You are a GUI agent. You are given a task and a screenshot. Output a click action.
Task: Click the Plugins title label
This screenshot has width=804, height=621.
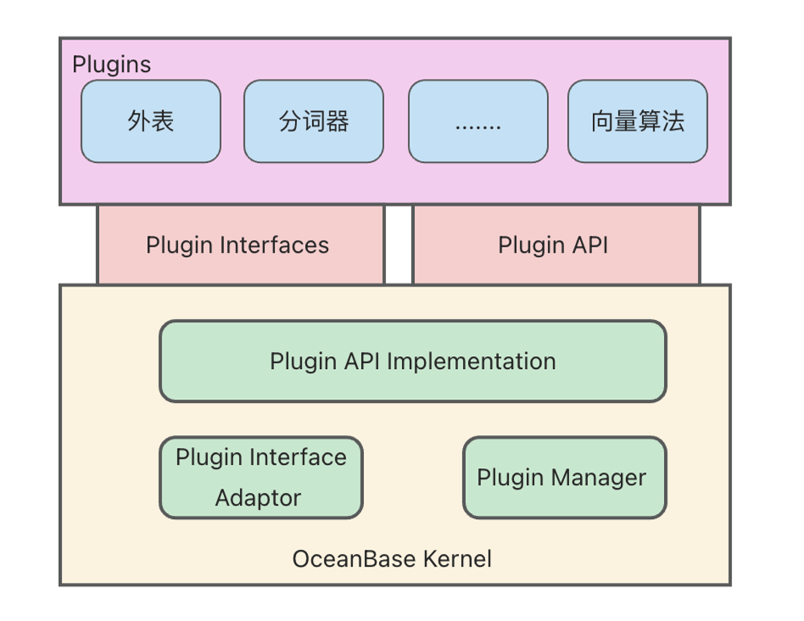pyautogui.click(x=111, y=65)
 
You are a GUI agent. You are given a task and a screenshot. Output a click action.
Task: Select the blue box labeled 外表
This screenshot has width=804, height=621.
pyautogui.click(x=151, y=121)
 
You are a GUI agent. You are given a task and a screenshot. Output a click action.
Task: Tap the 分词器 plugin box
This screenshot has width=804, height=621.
pyautogui.click(x=314, y=121)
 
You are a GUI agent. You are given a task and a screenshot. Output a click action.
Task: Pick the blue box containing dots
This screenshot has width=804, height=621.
pyautogui.click(x=477, y=121)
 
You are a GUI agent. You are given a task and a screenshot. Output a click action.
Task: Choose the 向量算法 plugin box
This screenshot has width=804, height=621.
pyautogui.click(x=638, y=121)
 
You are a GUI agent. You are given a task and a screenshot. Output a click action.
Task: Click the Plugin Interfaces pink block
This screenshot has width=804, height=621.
pyautogui.click(x=241, y=244)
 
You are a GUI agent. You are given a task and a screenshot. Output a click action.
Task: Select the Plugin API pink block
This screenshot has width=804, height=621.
pyautogui.click(x=556, y=244)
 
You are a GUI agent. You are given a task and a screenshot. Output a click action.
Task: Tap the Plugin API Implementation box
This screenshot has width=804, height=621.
pyautogui.click(x=413, y=361)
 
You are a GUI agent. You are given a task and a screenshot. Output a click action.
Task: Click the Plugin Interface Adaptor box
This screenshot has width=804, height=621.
pyautogui.click(x=261, y=478)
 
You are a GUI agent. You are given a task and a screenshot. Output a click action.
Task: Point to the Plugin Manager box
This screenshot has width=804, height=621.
pyautogui.click(x=565, y=478)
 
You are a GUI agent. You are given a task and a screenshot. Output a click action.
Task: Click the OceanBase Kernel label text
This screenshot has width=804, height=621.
pyautogui.click(x=392, y=559)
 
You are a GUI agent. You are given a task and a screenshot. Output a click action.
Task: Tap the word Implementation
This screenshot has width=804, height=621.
pyautogui.click(x=472, y=361)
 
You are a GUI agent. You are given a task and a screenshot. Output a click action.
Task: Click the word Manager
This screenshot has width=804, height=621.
pyautogui.click(x=599, y=478)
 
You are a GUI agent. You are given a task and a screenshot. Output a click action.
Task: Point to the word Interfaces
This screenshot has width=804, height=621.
pyautogui.click(x=274, y=245)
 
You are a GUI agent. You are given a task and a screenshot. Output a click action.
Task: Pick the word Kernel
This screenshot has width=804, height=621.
pyautogui.click(x=457, y=559)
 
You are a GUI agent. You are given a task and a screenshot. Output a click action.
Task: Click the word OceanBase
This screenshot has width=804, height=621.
pyautogui.click(x=354, y=559)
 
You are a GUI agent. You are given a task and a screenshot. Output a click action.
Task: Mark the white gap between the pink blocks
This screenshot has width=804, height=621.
pyautogui.click(x=399, y=244)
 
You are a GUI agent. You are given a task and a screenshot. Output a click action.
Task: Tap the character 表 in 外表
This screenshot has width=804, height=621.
pyautogui.click(x=163, y=121)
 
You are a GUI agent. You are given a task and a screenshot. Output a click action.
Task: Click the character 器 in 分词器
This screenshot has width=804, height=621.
pyautogui.click(x=338, y=121)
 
